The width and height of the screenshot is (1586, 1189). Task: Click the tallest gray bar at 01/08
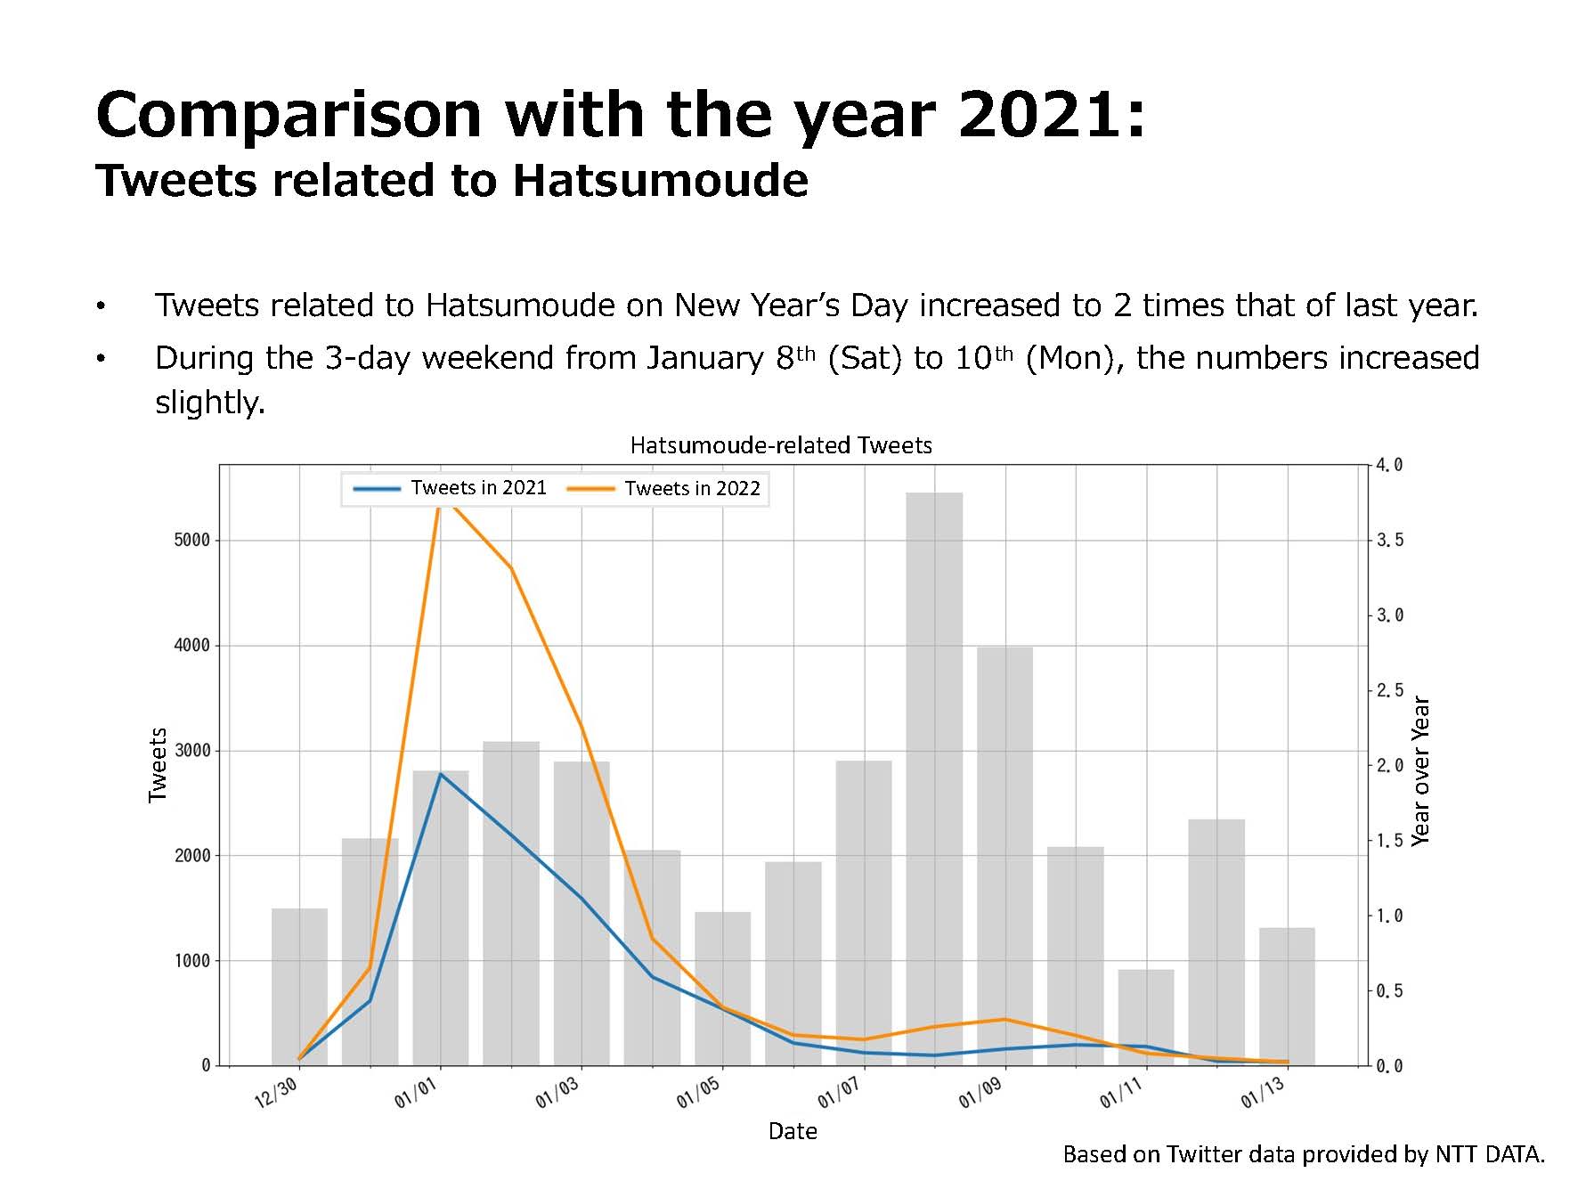(934, 778)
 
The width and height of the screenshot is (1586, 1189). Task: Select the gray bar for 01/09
(1004, 856)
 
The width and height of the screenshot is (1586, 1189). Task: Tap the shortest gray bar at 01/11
(1146, 1017)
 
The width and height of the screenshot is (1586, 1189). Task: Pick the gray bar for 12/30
(299, 987)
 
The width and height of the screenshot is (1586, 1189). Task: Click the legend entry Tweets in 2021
(450, 488)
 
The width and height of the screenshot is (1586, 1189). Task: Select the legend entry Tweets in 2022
(663, 488)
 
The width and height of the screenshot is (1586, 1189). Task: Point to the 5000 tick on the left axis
(191, 540)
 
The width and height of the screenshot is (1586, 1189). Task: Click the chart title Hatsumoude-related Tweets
(781, 445)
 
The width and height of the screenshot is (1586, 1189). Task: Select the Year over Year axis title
(1420, 771)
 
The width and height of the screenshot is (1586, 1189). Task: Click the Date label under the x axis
(793, 1131)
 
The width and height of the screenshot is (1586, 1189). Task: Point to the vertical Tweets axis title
(158, 765)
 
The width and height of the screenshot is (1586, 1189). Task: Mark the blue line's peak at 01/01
(441, 774)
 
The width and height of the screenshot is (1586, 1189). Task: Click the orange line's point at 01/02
(511, 567)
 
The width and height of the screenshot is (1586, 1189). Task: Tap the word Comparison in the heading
(289, 115)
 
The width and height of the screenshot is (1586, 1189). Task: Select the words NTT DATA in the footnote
(1490, 1155)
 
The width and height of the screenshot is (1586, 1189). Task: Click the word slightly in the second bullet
(210, 403)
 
